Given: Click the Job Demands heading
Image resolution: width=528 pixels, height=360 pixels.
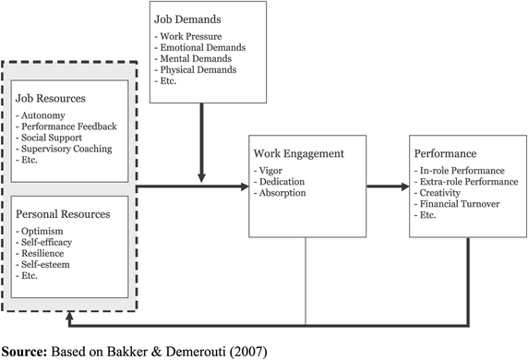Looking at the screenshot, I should pos(192,18).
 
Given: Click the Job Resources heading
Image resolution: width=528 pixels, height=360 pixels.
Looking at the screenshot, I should pos(52,97).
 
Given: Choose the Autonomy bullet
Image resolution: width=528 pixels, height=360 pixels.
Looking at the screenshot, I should pos(43,116).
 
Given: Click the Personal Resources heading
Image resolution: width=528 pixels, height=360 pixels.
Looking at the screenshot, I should pos(63,213).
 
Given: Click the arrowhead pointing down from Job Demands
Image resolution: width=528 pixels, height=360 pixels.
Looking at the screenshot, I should pos(199,178).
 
